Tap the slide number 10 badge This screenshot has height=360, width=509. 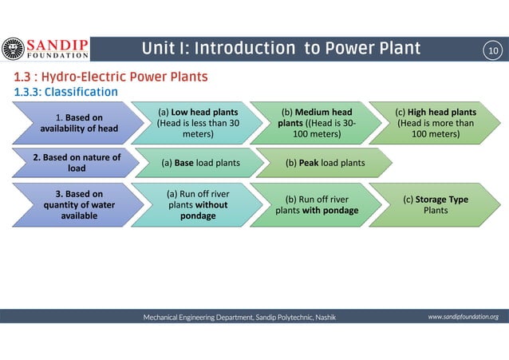tap(491, 50)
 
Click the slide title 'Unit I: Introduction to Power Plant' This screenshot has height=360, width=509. tap(281, 49)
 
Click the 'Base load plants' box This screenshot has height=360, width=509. tap(200, 164)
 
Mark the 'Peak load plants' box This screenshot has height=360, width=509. tap(325, 164)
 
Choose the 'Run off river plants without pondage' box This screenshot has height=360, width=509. tap(195, 204)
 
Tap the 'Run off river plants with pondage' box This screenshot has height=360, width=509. tap(313, 204)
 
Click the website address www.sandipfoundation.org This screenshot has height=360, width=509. tap(463, 317)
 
